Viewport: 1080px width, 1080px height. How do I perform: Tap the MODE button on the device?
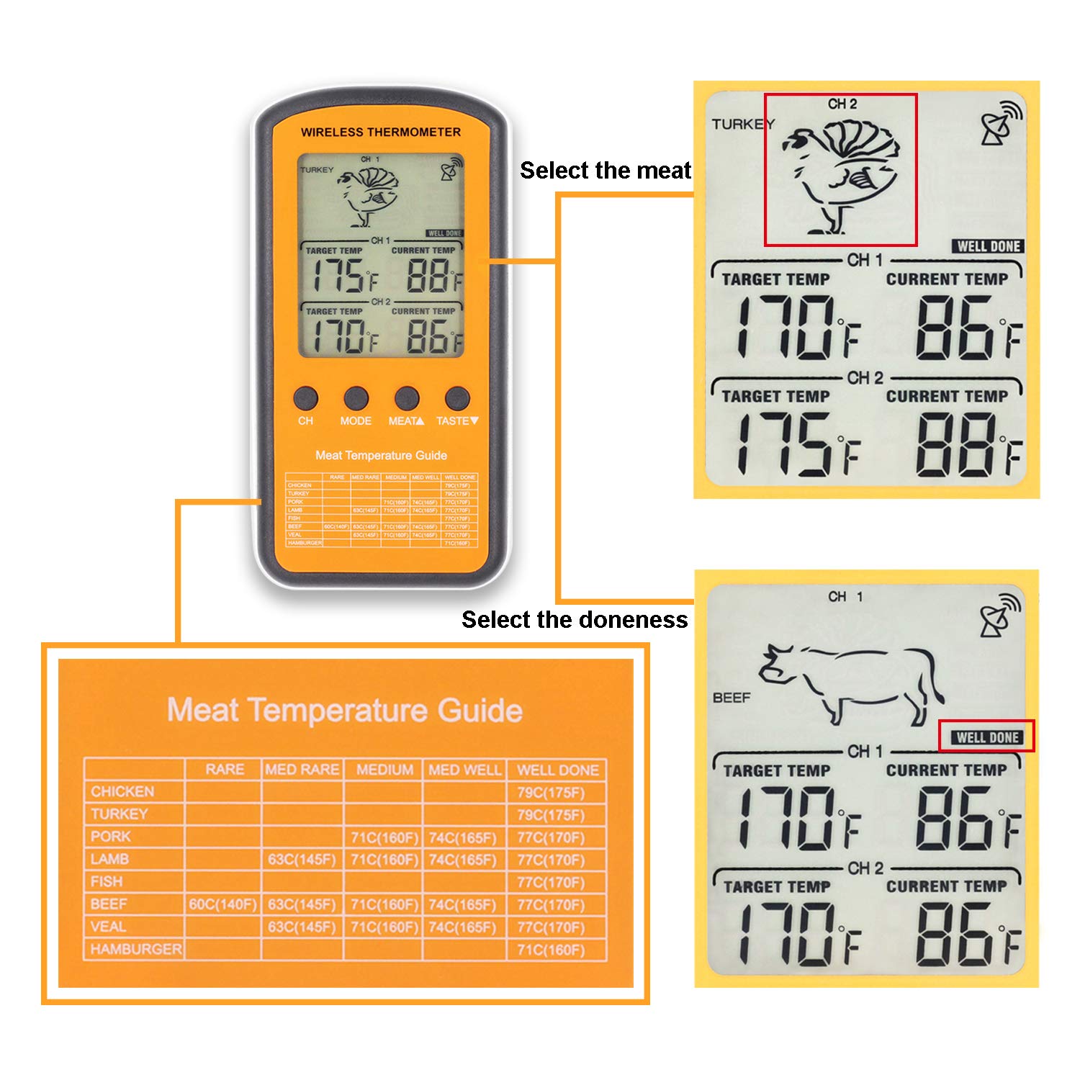356,397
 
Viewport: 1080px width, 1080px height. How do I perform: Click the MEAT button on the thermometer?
407,397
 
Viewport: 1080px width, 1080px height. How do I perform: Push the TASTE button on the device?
457,397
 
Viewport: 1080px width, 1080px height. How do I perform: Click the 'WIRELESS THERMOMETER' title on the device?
380,132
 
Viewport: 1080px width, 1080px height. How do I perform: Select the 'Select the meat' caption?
605,171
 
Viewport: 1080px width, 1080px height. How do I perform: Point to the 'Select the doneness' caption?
575,620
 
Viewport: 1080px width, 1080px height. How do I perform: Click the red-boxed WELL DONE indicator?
987,737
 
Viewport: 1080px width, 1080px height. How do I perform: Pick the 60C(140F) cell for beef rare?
222,904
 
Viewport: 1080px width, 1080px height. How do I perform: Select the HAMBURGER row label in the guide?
135,950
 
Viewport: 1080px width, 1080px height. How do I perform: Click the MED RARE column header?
302,770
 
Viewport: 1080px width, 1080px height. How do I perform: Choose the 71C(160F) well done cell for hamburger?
551,950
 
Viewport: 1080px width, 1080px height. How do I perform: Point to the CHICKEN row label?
122,792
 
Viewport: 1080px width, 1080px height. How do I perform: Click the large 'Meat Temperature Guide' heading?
345,711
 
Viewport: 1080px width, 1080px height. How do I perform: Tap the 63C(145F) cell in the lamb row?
302,860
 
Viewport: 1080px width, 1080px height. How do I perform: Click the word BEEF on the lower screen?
732,698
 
